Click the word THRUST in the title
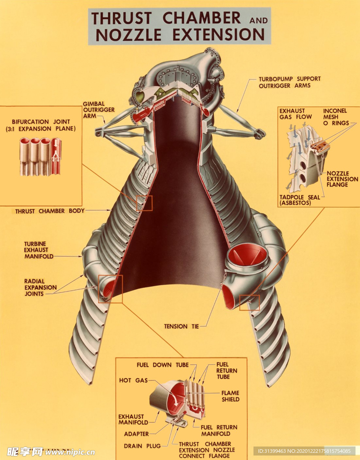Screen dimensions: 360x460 [x=121, y=18]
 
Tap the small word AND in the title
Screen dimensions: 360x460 [x=258, y=21]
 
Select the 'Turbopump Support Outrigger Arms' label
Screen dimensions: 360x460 [x=289, y=82]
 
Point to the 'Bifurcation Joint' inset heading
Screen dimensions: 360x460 [x=41, y=125]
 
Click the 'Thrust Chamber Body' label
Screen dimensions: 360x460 [x=50, y=211]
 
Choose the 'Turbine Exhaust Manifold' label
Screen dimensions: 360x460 [x=39, y=250]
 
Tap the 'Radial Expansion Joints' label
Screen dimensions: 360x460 [x=40, y=287]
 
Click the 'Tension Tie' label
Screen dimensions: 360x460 [x=181, y=326]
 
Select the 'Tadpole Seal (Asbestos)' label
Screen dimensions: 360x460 [x=300, y=200]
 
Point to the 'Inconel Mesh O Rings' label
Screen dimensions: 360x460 [x=336, y=117]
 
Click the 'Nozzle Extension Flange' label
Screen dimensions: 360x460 [x=342, y=179]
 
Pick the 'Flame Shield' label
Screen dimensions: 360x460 [x=230, y=396]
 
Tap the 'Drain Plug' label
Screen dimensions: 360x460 [x=142, y=446]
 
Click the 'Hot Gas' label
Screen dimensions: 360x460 [x=133, y=380]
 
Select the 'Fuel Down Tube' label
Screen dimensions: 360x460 [x=163, y=365]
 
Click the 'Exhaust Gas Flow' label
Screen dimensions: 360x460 [x=295, y=114]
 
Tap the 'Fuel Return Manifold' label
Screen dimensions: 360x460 [x=219, y=430]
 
